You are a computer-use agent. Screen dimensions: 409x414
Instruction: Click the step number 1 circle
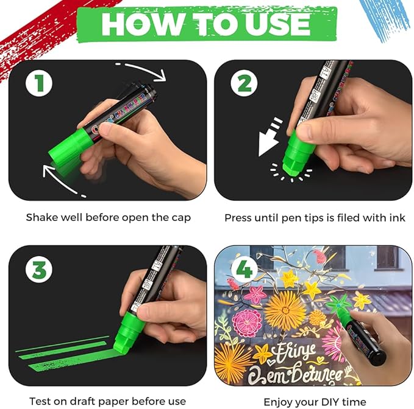pyautogui.click(x=40, y=83)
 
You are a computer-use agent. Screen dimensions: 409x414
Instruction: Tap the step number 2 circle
pyautogui.click(x=244, y=83)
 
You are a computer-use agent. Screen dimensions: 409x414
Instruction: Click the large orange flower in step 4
pyautogui.click(x=285, y=309)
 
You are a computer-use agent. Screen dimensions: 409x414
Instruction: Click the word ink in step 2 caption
pyautogui.click(x=398, y=217)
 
